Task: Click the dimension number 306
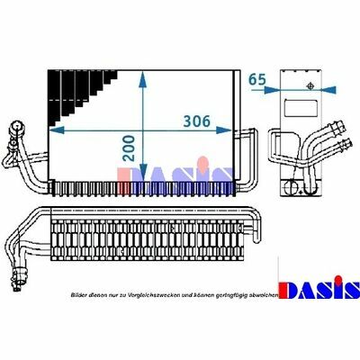(x=197, y=121)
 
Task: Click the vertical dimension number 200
(x=130, y=148)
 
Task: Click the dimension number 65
(x=257, y=79)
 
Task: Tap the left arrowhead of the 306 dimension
(x=57, y=130)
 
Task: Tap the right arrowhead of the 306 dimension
(x=224, y=130)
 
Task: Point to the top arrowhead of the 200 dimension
(x=143, y=79)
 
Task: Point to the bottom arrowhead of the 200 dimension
(x=143, y=173)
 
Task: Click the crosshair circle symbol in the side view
(x=310, y=86)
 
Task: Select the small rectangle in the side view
(x=301, y=109)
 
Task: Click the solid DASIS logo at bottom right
(x=319, y=287)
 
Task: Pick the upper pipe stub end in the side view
(x=339, y=127)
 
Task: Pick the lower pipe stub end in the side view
(x=344, y=143)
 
